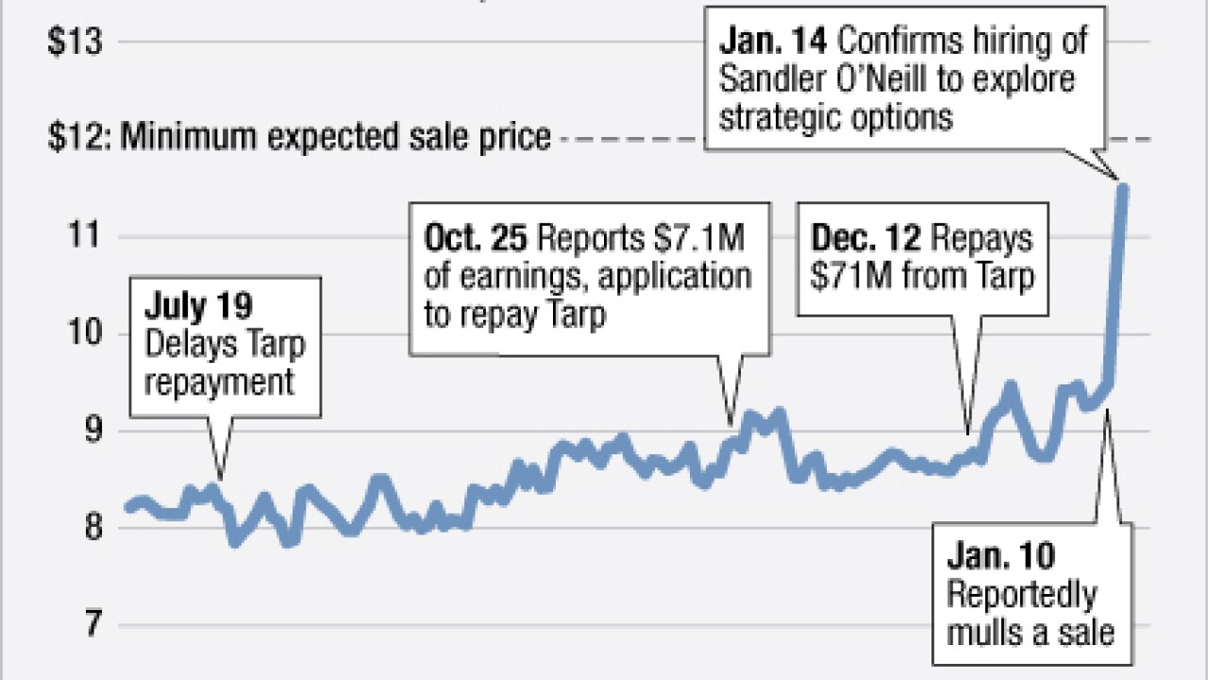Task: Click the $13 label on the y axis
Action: coord(75,42)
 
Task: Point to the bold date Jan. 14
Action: coord(774,42)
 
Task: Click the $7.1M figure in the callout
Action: coord(694,239)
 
